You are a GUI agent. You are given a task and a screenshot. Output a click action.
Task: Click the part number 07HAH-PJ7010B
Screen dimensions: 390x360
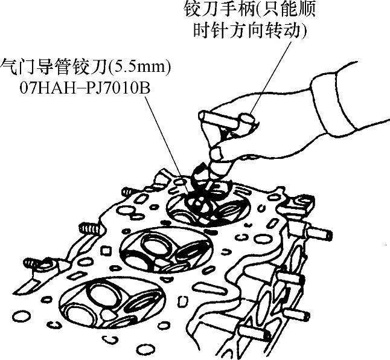tap(85, 88)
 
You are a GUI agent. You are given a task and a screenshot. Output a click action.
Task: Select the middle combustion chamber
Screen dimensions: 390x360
tap(166, 249)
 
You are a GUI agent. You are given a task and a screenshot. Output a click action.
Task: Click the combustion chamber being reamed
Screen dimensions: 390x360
tap(208, 205)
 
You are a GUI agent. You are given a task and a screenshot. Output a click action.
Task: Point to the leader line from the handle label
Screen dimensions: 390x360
tap(270, 77)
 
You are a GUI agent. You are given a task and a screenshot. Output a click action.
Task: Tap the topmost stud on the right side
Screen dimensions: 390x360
tap(319, 234)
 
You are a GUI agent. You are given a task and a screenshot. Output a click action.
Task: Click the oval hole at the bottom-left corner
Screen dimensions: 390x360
tap(21, 317)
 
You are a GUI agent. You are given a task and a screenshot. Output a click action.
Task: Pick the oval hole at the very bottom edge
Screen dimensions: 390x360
tap(147, 351)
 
